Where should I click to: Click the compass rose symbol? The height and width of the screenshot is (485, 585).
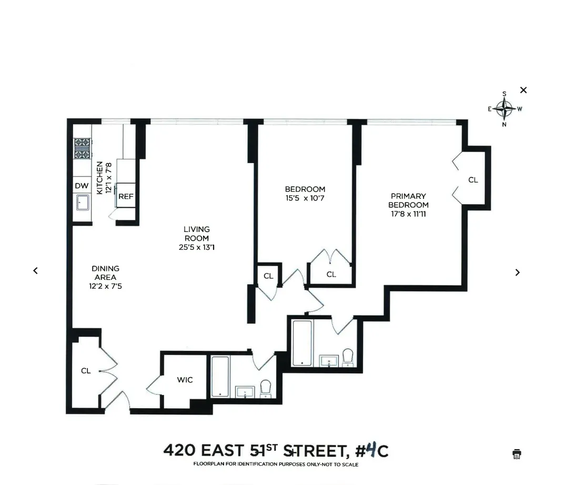click(505, 109)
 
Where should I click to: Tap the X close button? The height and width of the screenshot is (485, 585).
click(523, 90)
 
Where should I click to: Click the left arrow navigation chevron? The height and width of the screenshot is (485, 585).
click(35, 270)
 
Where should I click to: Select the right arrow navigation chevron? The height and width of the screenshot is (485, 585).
click(517, 272)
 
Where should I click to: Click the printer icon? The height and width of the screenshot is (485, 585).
click(517, 454)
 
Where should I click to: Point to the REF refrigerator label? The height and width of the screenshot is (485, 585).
click(126, 196)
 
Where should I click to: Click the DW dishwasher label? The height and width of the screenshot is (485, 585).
click(82, 186)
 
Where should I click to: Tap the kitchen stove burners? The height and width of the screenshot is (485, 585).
click(82, 148)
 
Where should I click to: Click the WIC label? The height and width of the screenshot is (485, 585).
click(185, 379)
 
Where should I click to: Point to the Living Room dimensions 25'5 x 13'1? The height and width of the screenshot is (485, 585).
click(197, 246)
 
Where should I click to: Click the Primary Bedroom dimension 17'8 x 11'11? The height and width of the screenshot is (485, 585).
click(408, 214)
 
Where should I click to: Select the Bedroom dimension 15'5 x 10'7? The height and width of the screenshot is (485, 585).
click(305, 198)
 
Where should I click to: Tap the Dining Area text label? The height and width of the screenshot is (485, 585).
click(105, 272)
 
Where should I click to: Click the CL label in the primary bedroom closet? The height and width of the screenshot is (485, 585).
click(473, 180)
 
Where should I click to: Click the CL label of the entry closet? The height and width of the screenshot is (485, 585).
click(86, 371)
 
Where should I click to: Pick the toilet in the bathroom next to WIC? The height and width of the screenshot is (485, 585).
click(266, 388)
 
